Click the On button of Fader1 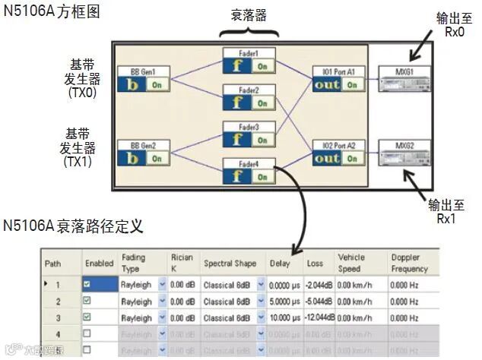[262, 67]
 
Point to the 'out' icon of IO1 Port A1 [328, 85]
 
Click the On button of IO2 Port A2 [351, 158]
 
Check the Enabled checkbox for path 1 [87, 285]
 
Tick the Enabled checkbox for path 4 [87, 333]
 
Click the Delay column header [280, 264]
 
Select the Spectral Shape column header [229, 264]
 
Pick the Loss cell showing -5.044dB [319, 302]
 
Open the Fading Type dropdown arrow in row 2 [162, 302]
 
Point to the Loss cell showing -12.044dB [319, 317]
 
